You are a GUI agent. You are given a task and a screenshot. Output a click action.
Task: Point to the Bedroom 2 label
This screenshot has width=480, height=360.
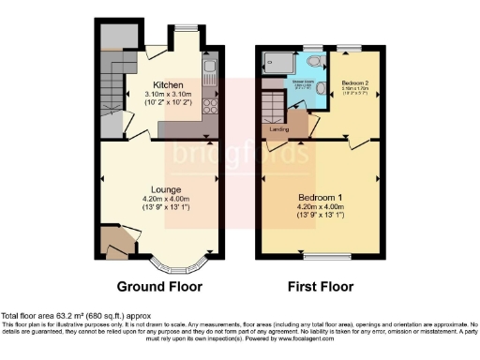coord(355,82)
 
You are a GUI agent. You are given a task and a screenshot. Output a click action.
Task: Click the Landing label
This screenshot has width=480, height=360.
coord(279,128)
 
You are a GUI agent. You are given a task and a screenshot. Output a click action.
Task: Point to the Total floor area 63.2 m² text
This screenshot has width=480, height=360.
coord(75,317)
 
